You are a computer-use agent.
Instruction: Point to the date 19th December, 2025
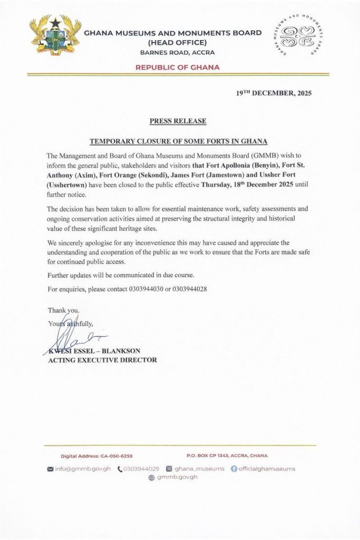[x=274, y=94]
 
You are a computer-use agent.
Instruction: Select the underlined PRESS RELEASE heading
[x=178, y=121]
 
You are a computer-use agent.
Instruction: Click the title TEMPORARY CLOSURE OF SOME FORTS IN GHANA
[x=178, y=141]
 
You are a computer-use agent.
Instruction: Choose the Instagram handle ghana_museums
[x=199, y=468]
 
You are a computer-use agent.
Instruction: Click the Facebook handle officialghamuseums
[x=266, y=468]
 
